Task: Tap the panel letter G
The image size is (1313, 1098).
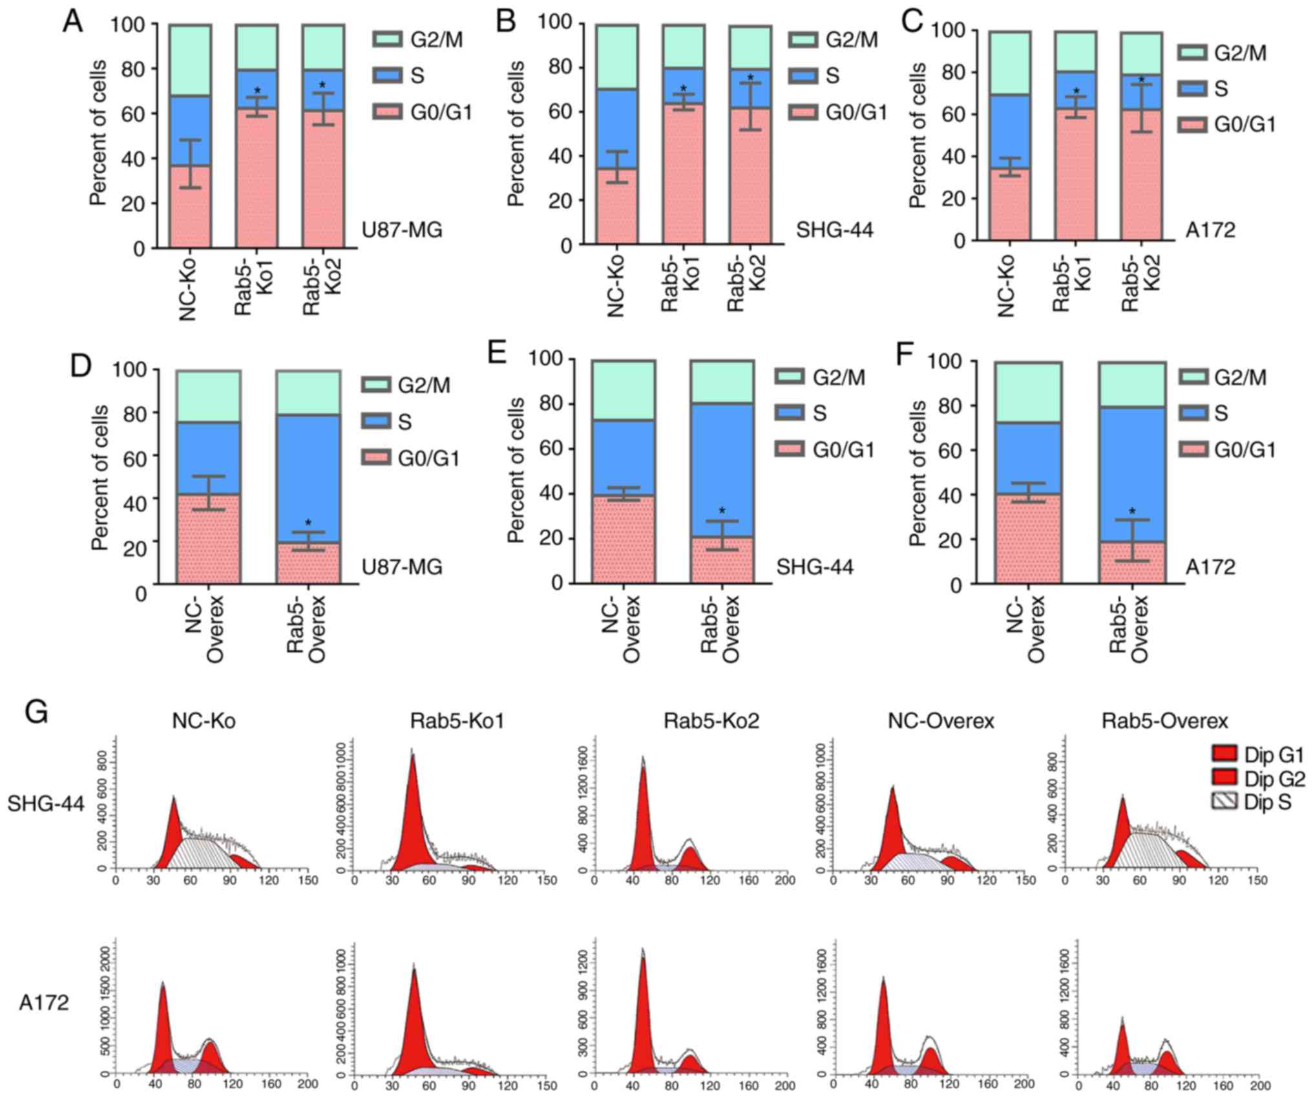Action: (37, 713)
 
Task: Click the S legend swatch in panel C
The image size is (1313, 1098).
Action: (1192, 89)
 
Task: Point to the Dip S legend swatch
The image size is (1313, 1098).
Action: (1223, 801)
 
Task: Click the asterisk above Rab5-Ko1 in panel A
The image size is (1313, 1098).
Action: (257, 91)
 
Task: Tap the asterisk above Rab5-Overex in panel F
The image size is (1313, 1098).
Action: (1131, 511)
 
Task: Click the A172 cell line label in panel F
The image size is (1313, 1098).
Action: (1209, 567)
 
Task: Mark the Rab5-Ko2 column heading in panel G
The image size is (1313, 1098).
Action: (711, 720)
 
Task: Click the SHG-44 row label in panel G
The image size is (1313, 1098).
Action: (46, 804)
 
